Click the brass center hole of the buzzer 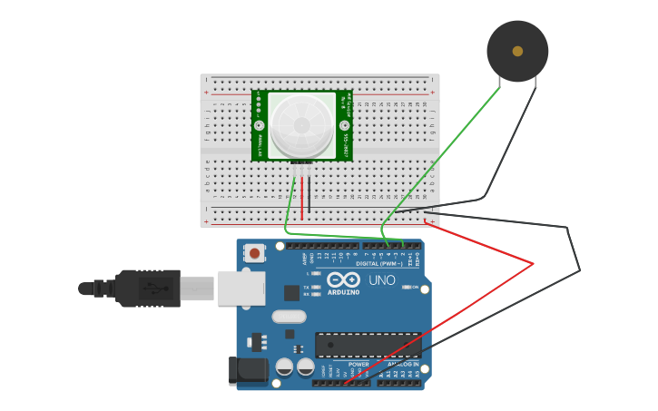point(517,52)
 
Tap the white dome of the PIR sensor point(301,124)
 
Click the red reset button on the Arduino point(255,254)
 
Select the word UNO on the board point(382,280)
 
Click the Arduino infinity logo point(343,279)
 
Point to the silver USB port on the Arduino point(241,288)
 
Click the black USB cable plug point(145,289)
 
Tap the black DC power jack point(249,369)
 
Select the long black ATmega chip point(368,345)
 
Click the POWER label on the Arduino point(358,365)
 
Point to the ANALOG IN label point(404,365)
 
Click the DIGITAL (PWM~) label point(379,264)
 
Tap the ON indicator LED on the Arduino point(407,288)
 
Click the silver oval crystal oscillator point(289,317)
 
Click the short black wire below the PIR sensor point(309,194)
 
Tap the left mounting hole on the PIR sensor point(259,125)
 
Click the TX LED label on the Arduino point(306,288)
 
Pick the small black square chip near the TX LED point(291,293)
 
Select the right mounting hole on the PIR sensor point(344,125)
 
